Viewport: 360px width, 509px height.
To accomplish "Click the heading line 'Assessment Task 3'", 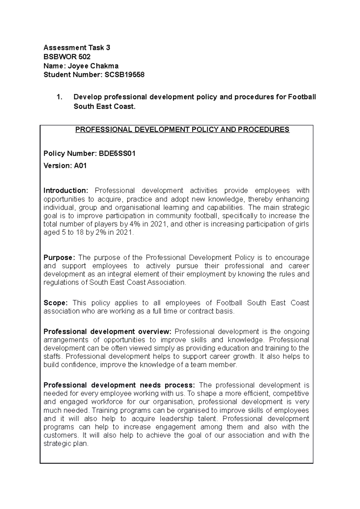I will pyautogui.click(x=77, y=48).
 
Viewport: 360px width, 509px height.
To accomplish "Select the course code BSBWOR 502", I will pyautogui.click(x=67, y=57).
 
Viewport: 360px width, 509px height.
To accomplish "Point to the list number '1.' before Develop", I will pyautogui.click(x=59, y=97).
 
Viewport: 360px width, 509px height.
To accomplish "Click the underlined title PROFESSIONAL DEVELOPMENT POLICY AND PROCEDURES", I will pyautogui.click(x=182, y=129).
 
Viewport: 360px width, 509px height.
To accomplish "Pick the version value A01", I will pyautogui.click(x=80, y=166).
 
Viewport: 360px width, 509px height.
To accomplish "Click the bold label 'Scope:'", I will pyautogui.click(x=56, y=303).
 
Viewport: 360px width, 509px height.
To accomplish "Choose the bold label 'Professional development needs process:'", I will pyautogui.click(x=119, y=385).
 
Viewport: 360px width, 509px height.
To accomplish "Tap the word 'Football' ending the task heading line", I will pyautogui.click(x=301, y=97).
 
